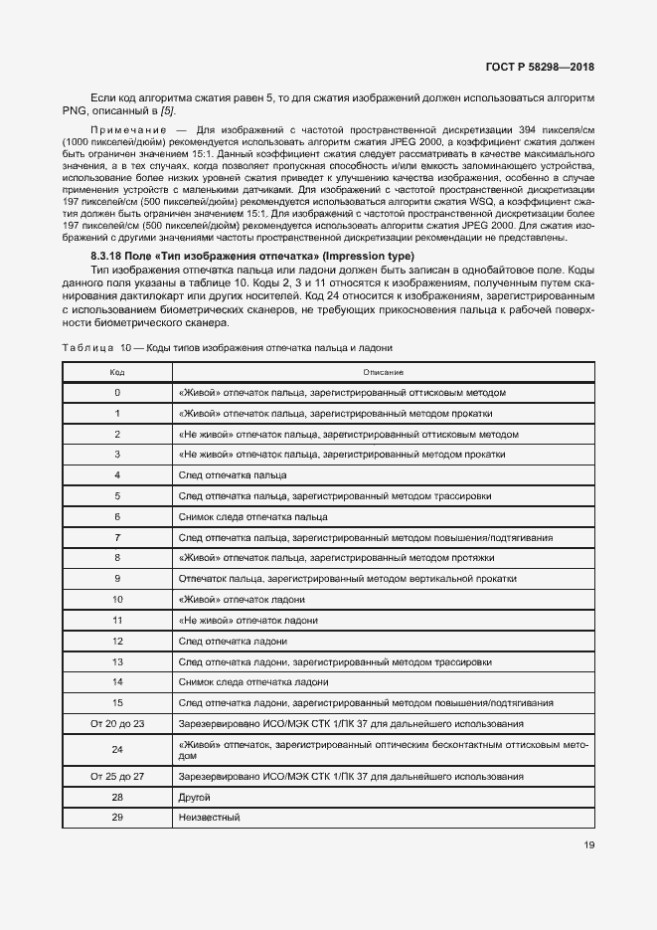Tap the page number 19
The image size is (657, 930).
pos(587,846)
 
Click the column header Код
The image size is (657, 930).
pos(117,372)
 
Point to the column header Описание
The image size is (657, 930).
pos(383,372)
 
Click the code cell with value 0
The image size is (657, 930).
pos(117,393)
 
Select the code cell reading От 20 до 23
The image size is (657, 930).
pos(117,724)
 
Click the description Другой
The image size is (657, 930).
pos(194,797)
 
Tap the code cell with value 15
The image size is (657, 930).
pos(117,703)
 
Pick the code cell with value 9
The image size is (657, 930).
pos(117,579)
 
